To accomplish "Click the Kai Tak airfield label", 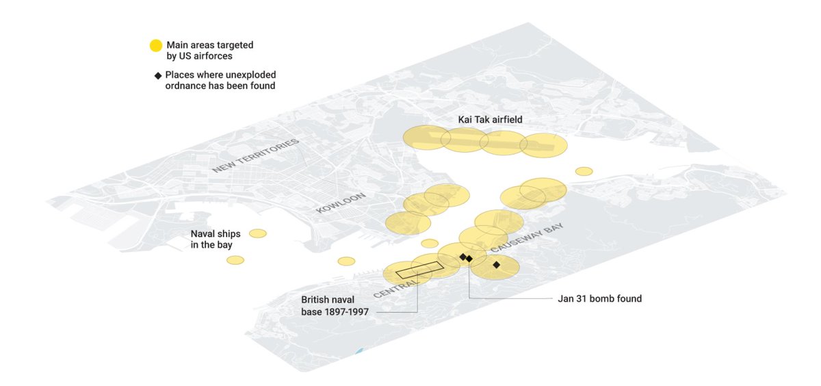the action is click(x=490, y=120).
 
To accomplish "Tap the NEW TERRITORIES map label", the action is click(x=255, y=156).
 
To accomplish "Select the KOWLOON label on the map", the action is click(x=341, y=203).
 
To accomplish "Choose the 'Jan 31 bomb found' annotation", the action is click(x=599, y=299).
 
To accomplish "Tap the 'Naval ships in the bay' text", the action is click(x=215, y=239).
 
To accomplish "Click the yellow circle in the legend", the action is click(x=156, y=46).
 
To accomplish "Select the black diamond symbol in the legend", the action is click(x=158, y=75).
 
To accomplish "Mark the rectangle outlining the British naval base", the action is click(x=419, y=269).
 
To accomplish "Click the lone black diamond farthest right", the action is click(x=496, y=264).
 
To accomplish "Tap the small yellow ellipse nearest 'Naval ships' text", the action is click(x=258, y=233).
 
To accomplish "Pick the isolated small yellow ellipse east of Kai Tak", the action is click(x=584, y=171).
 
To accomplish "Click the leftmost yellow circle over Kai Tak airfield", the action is click(x=426, y=138).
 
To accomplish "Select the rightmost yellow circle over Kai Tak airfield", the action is click(x=544, y=145).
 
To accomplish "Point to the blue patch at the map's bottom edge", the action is click(x=360, y=352).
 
